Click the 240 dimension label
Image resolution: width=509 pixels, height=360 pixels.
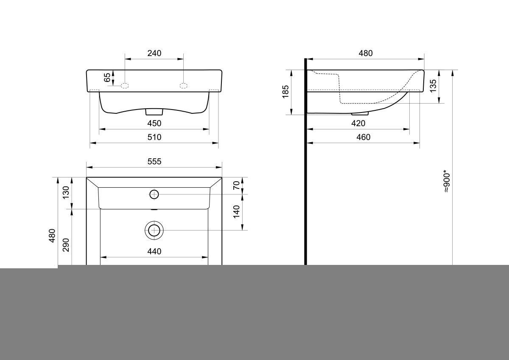coord(154,53)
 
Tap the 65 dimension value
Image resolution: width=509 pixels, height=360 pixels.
coord(107,78)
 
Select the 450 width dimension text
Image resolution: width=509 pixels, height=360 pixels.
coord(154,123)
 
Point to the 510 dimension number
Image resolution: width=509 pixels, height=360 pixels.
coord(154,137)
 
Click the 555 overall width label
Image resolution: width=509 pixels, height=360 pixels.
coord(154,161)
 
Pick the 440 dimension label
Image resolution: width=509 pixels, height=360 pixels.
coord(154,251)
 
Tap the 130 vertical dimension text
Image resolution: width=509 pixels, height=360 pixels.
coord(66,193)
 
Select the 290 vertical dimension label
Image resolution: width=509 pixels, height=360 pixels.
coord(66,245)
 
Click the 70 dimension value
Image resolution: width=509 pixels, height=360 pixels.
coord(237,186)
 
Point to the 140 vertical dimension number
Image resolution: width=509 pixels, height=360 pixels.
coord(237,211)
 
